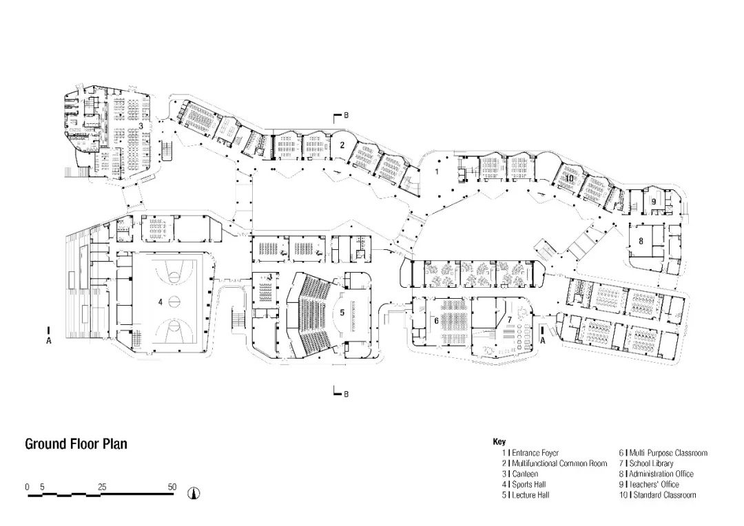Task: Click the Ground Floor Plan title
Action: (x=76, y=444)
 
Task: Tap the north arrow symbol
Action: (x=194, y=493)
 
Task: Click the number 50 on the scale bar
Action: (x=172, y=487)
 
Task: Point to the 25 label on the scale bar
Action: (x=102, y=487)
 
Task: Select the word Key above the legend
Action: (x=499, y=441)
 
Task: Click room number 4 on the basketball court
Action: (x=161, y=302)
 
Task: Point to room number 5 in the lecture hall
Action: (x=342, y=313)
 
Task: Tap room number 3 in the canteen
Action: (x=141, y=126)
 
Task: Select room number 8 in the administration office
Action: (x=641, y=241)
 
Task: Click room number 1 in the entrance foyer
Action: (x=437, y=171)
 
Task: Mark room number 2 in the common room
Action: (x=342, y=145)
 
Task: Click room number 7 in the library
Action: (x=509, y=320)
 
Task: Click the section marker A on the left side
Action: (x=48, y=341)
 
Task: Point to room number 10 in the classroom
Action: (x=570, y=178)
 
